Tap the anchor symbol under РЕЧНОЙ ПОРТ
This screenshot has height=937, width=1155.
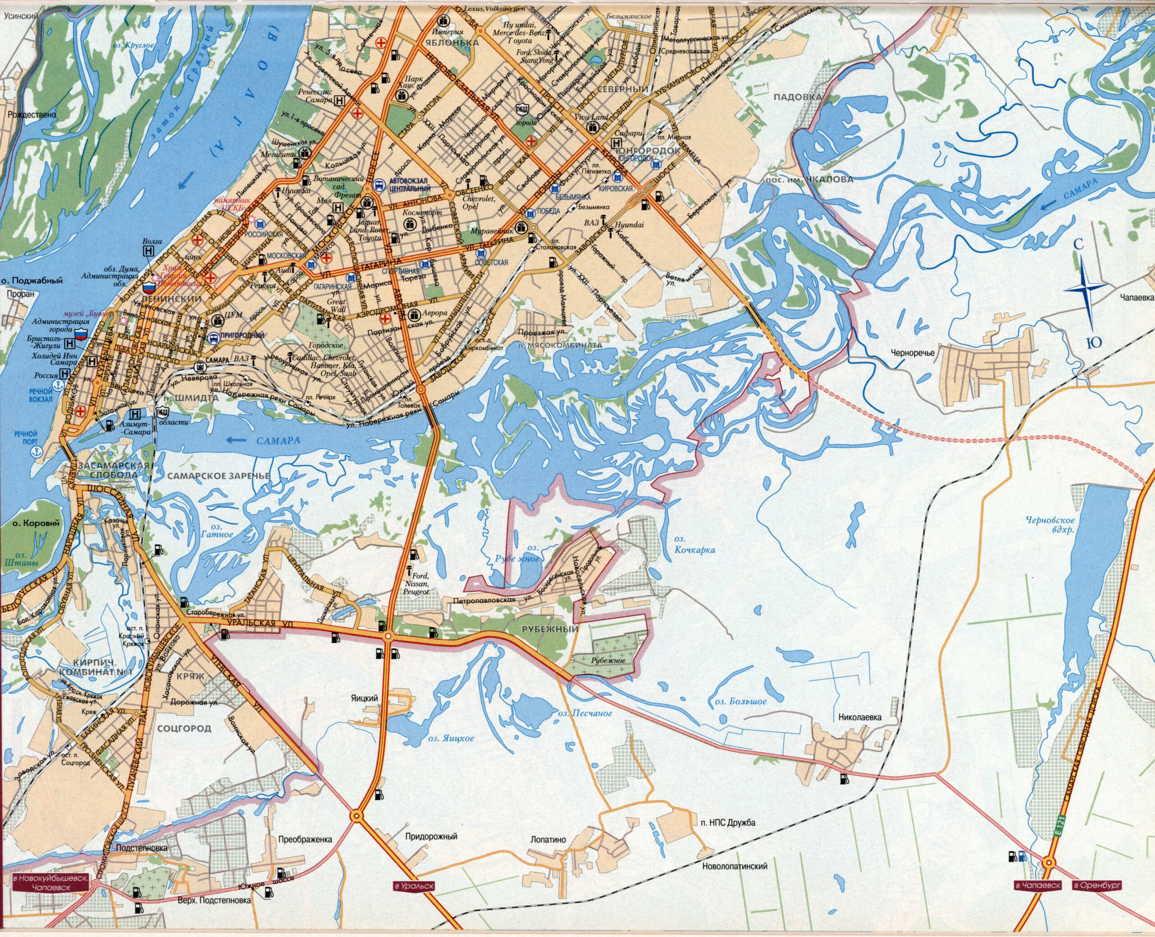click(x=37, y=450)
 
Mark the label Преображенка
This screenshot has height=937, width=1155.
click(x=305, y=840)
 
